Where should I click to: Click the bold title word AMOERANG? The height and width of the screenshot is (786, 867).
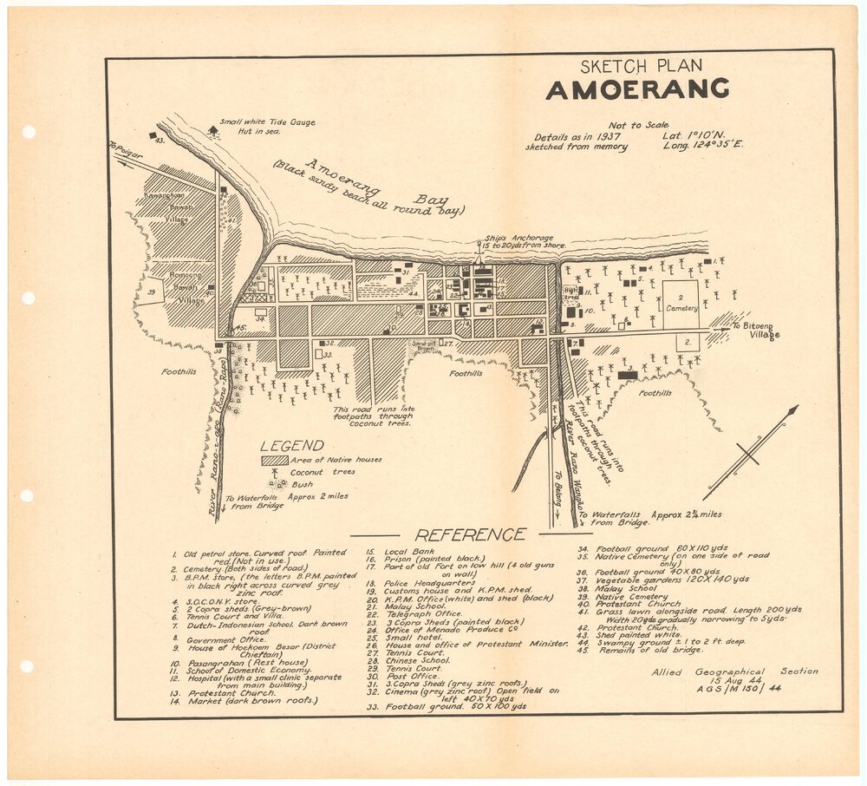(x=636, y=89)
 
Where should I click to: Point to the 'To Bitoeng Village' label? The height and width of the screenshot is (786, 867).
(x=756, y=331)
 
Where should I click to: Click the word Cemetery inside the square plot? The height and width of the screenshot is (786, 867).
(x=681, y=308)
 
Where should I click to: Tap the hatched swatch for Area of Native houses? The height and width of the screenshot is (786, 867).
(x=275, y=460)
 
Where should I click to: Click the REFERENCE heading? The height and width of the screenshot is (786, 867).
(x=469, y=534)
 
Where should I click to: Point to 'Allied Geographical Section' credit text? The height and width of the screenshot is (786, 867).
(x=734, y=671)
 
